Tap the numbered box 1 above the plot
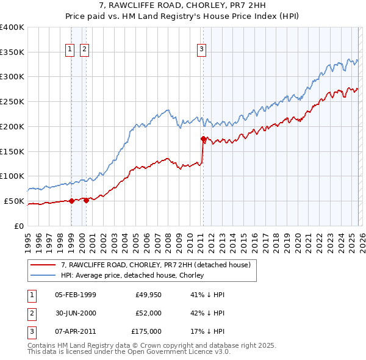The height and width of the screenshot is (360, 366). pos(70,50)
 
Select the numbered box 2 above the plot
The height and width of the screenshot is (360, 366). pos(84,50)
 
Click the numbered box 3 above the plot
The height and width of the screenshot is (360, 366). pos(201,50)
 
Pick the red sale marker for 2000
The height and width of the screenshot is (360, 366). pos(86,200)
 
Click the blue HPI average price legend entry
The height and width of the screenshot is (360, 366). pos(135,276)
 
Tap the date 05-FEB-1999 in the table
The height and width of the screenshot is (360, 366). pos(75,295)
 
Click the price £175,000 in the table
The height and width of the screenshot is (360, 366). pos(146,331)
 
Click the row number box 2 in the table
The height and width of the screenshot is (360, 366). pos(30,313)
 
